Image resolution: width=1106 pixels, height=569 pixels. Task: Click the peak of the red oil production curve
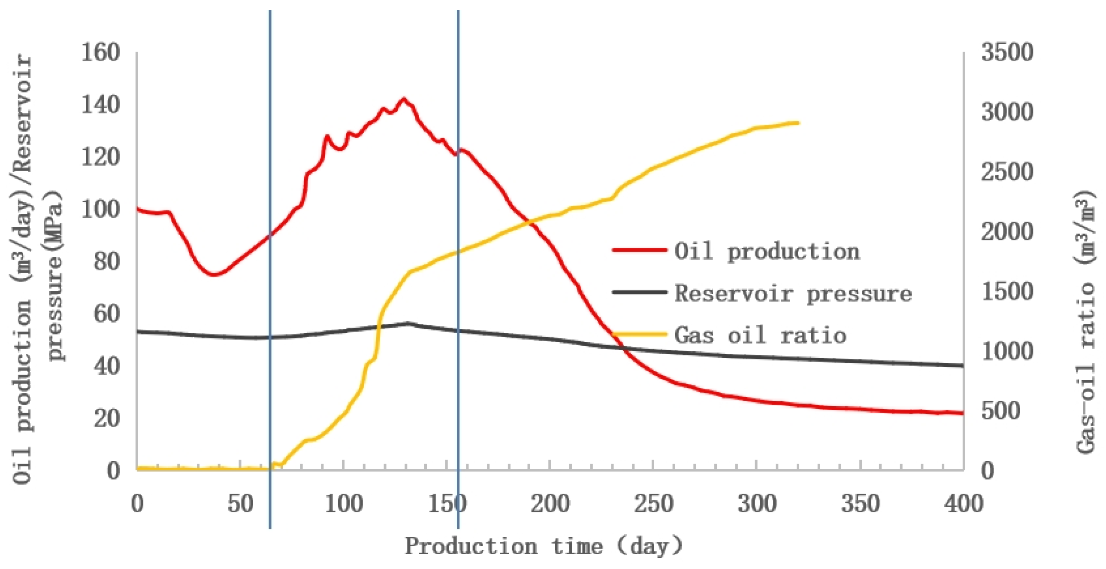(x=403, y=99)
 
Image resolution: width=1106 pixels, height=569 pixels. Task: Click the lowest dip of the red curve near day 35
(x=213, y=274)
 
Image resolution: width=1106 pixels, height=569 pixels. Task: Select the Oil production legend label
(x=767, y=251)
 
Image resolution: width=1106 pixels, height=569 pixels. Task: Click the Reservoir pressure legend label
(x=792, y=294)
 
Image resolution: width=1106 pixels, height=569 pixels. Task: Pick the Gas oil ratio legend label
(x=760, y=335)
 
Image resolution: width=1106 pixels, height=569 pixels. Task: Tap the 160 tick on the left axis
(x=100, y=53)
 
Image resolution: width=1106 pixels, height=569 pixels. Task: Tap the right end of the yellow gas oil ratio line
(x=798, y=123)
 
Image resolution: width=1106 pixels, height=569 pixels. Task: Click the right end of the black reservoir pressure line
(x=963, y=366)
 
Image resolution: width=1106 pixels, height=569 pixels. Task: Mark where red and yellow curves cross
(x=532, y=222)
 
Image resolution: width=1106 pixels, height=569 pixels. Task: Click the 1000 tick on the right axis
(x=1006, y=352)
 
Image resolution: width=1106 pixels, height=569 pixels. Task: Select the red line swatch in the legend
(x=639, y=250)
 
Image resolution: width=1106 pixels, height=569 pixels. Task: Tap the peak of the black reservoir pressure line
(x=407, y=323)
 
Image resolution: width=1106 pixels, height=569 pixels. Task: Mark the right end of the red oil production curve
(x=963, y=414)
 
